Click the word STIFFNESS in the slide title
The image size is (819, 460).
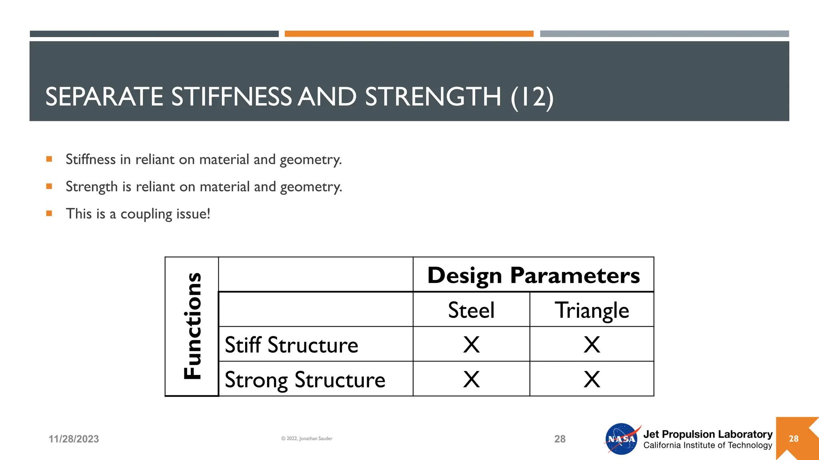click(232, 97)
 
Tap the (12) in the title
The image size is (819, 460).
click(532, 97)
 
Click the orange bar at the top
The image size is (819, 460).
click(409, 34)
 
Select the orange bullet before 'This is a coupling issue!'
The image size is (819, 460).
click(49, 213)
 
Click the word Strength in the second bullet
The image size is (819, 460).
click(92, 187)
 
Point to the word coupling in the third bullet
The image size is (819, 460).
click(146, 214)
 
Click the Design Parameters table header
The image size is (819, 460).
click(533, 275)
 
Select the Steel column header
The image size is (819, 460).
click(471, 310)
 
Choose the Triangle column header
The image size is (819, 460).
click(591, 311)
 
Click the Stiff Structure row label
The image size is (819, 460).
click(292, 345)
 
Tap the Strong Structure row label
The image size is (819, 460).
click(305, 380)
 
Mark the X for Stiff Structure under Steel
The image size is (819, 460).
click(471, 345)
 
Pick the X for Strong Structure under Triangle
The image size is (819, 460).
click(591, 379)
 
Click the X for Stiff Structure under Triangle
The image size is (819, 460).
click(591, 345)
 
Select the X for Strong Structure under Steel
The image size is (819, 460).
click(471, 379)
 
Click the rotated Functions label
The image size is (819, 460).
click(192, 326)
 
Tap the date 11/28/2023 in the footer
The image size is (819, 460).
click(74, 439)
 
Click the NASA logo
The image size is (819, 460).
click(621, 439)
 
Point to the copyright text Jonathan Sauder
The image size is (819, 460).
click(307, 438)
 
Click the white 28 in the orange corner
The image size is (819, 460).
click(793, 439)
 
